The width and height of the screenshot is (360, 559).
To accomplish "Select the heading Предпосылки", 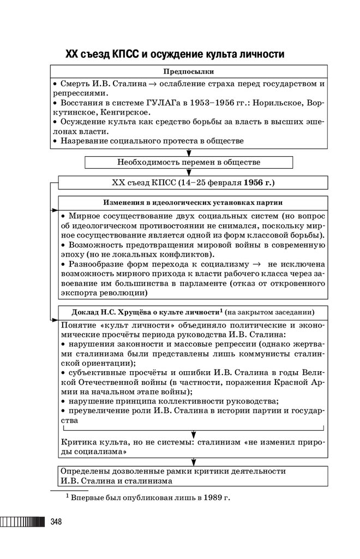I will tap(189, 72).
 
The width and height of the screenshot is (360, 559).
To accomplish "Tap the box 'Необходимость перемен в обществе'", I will tap(189, 162).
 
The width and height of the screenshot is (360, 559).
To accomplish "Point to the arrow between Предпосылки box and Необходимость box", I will tap(189, 153).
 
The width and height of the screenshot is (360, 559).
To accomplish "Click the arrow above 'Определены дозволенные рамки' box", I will tap(193, 462).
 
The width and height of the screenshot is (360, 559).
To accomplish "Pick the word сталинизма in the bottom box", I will tap(147, 481).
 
